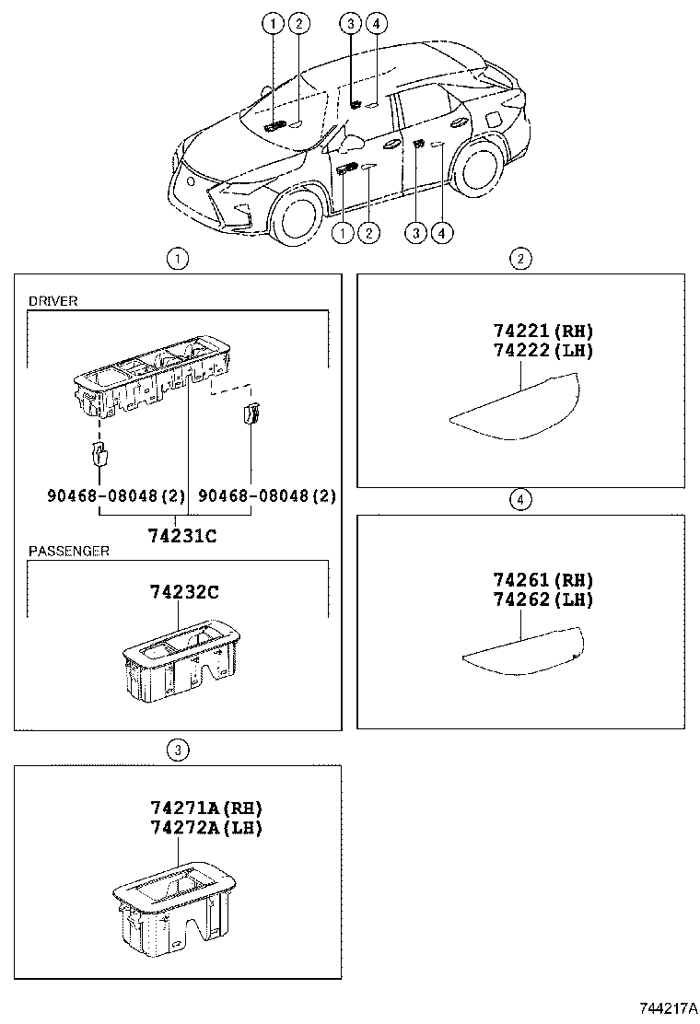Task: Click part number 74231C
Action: (x=182, y=535)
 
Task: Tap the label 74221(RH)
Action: (x=542, y=332)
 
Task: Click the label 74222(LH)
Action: (x=542, y=350)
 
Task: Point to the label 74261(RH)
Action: (x=542, y=580)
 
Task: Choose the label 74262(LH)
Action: (x=542, y=599)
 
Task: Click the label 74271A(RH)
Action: (x=206, y=808)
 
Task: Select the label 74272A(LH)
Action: (x=206, y=827)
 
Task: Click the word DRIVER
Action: (x=52, y=301)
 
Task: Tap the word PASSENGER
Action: (x=69, y=551)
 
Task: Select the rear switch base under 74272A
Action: (x=172, y=907)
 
